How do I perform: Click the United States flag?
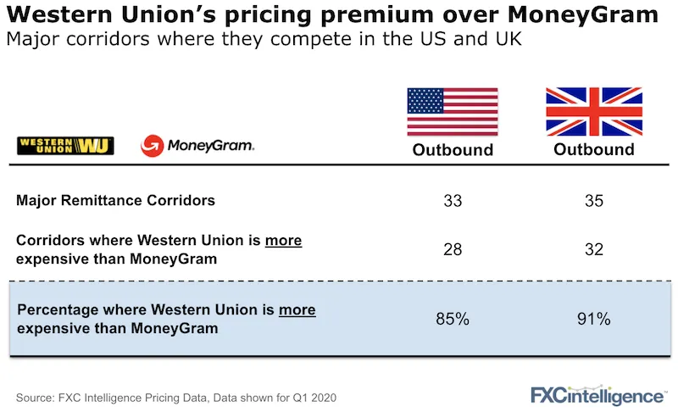(453, 111)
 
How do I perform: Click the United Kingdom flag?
(593, 111)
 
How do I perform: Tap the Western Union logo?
(65, 146)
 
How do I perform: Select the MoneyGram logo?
(197, 146)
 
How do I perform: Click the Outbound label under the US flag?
(453, 150)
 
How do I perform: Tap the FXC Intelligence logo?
(597, 394)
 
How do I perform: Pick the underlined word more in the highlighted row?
(297, 310)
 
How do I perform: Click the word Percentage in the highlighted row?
(56, 310)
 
